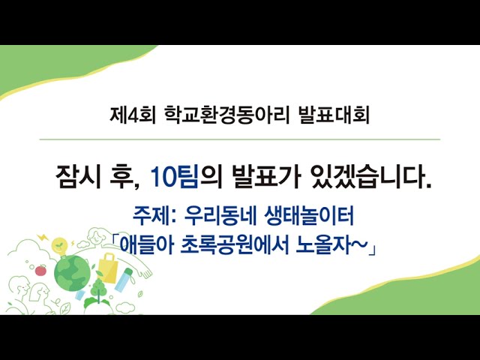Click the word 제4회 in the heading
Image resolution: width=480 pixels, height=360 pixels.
133,115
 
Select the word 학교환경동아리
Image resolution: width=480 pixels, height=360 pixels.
226,115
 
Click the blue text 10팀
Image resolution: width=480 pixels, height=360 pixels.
175,177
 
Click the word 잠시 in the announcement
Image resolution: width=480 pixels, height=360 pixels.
78,177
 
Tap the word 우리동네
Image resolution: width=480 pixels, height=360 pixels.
219,215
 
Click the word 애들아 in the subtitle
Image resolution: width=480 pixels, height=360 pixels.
146,245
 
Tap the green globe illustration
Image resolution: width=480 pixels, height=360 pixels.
72,273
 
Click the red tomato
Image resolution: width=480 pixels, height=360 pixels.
40,270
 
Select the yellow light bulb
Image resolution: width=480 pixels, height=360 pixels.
59,247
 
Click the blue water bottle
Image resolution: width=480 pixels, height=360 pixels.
123,280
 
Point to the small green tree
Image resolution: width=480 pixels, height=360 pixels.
98,289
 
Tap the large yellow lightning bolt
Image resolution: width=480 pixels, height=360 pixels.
43,238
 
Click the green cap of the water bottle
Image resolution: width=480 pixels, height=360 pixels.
128,271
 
